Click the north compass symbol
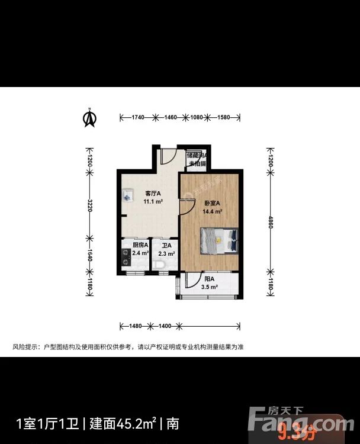click(90, 118)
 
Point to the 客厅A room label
click(153, 193)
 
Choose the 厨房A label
click(140, 245)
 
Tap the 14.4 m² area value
click(212, 211)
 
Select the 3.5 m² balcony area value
click(209, 287)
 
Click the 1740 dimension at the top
click(137, 118)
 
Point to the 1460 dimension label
click(171, 118)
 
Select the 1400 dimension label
click(165, 326)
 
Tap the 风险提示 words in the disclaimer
click(24, 347)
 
